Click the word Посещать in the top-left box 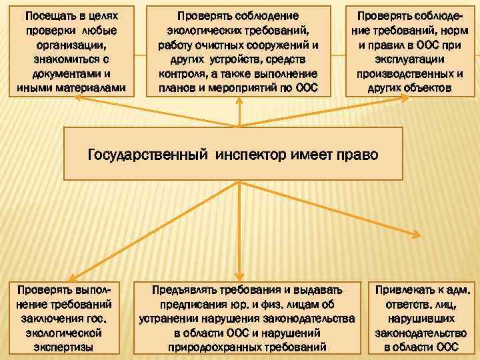46,15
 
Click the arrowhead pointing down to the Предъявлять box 239,277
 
